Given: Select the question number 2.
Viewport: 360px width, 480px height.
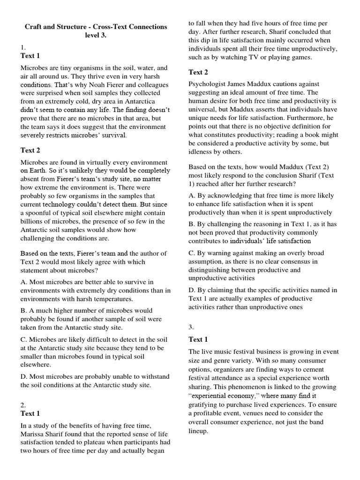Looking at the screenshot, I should coord(22,405).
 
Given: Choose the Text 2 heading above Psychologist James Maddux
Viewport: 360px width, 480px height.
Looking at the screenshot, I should coord(198,72).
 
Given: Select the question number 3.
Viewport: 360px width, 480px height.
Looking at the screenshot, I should coord(191,327).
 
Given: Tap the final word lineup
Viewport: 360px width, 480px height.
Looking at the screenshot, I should coord(198,431).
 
